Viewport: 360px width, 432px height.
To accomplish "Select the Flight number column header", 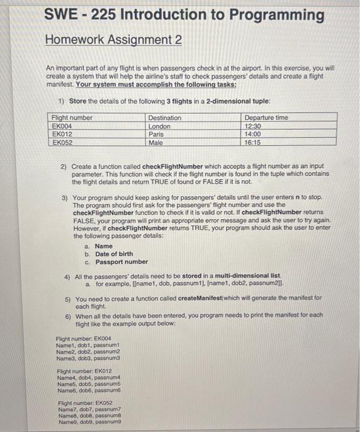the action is click(72, 118).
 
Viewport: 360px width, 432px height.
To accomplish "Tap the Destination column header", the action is click(165, 118).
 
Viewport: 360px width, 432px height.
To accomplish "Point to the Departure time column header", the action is click(266, 118).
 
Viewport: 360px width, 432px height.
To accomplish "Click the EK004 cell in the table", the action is click(63, 126).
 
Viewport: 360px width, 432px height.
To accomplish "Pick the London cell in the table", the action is click(160, 126).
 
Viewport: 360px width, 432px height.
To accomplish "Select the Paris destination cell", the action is click(157, 134).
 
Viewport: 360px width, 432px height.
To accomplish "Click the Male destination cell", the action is click(157, 142).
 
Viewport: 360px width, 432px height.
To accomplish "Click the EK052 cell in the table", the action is click(63, 142).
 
